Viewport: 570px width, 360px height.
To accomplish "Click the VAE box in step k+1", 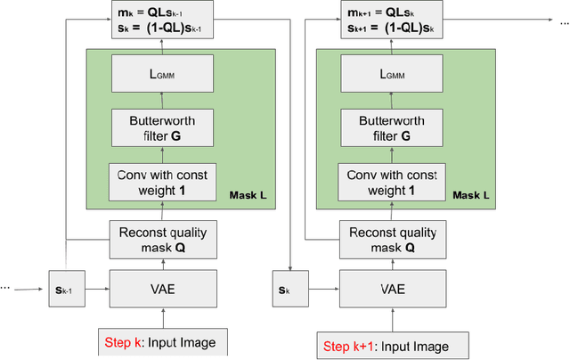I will pos(393,289).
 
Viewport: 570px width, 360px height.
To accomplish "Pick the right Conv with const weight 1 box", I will pos(392,181).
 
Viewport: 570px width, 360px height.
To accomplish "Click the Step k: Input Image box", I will pos(158,341).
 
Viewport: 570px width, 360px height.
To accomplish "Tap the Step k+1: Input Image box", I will pos(385,345).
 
